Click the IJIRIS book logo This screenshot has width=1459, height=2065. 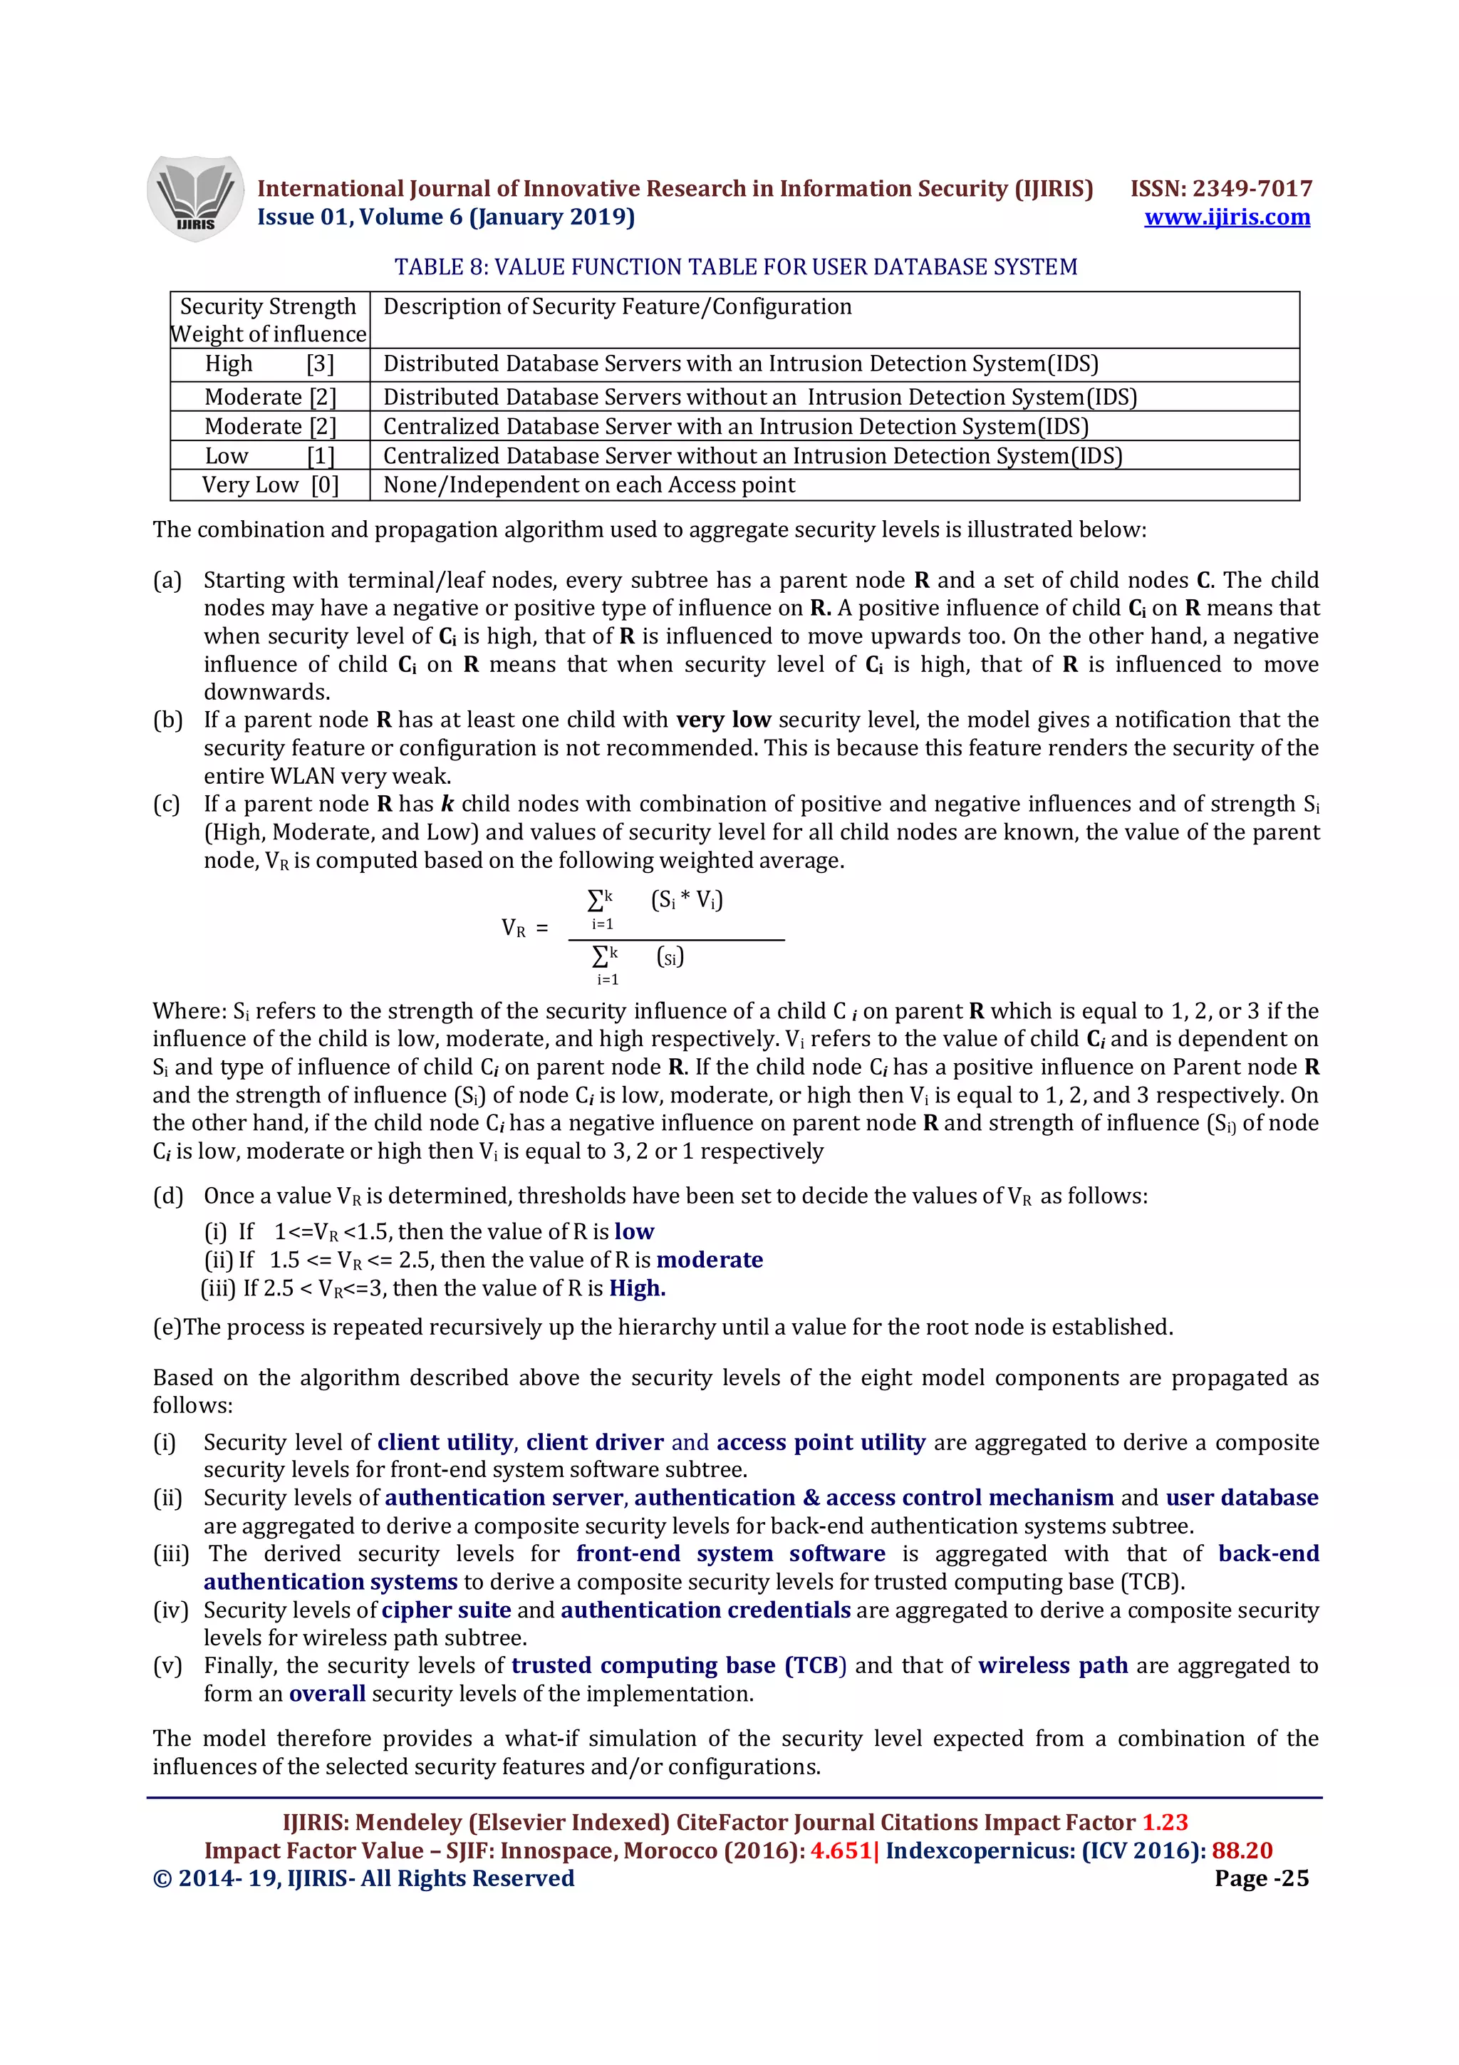[194, 198]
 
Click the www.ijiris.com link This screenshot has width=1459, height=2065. [1226, 217]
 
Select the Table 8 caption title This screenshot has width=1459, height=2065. [735, 267]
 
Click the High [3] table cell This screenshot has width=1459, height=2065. [269, 363]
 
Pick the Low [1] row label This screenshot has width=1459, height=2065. [269, 456]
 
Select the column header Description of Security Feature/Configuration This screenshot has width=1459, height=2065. [617, 306]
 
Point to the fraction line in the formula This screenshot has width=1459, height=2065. [676, 940]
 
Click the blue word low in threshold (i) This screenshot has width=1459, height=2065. [634, 1231]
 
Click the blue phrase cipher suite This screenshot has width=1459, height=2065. [446, 1609]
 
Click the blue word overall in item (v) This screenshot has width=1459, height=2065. [327, 1694]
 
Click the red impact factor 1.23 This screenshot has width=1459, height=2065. [1164, 1822]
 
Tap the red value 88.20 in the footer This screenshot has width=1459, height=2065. [1242, 1850]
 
